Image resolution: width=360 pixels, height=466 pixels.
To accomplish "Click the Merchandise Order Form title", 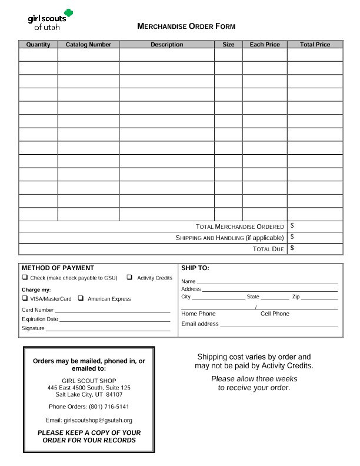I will point(186,26).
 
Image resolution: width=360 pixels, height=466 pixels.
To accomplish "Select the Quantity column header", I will point(38,45).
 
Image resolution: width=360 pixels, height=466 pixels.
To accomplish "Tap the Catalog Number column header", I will point(88,45).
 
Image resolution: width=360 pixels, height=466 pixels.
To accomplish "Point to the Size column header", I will point(228,45).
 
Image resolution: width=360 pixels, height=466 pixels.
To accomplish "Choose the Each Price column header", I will point(265,45).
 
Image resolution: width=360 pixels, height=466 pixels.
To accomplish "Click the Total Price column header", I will point(315,45).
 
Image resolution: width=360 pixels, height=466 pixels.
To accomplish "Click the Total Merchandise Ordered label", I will point(240,227).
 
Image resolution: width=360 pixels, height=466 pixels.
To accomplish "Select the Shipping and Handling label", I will point(229,238).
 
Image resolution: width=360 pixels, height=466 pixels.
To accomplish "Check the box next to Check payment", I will point(25,278).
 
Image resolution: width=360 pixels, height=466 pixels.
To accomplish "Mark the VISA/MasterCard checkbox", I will point(25,298).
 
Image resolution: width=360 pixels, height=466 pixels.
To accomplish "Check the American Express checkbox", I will point(81,298).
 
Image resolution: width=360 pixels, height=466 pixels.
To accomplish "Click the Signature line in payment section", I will point(108,329).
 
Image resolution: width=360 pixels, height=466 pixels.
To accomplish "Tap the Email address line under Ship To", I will point(279,325).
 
